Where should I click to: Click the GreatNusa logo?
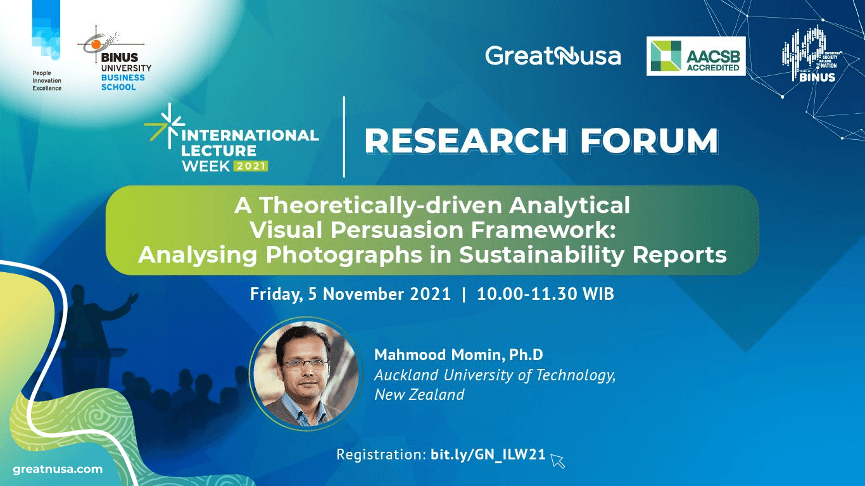(x=553, y=56)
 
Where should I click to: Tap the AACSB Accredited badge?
(x=696, y=56)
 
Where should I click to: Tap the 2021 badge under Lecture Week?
(x=251, y=166)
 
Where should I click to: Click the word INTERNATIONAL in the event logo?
(x=251, y=135)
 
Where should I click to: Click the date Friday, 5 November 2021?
(x=350, y=294)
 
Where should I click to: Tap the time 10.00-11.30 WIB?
(x=545, y=294)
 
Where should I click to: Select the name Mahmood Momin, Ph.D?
(x=458, y=354)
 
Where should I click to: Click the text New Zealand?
(x=419, y=395)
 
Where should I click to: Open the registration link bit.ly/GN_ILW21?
(x=488, y=454)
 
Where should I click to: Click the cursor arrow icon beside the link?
(x=557, y=460)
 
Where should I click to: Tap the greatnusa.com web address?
(x=58, y=469)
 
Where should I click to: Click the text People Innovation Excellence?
(x=47, y=80)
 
